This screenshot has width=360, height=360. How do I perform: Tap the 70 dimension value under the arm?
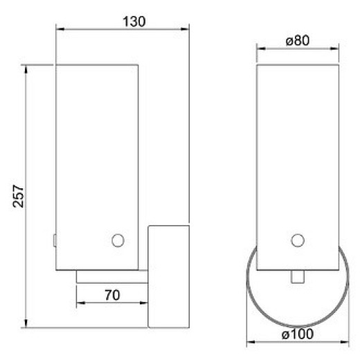(114, 294)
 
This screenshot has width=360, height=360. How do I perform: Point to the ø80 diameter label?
(298, 40)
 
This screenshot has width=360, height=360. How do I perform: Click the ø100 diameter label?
(298, 335)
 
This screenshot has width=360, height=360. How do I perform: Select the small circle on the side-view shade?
(117, 240)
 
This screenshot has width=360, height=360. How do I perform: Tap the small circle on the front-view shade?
(298, 240)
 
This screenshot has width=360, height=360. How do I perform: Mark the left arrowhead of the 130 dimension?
(59, 29)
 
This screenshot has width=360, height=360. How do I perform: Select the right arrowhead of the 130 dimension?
(186, 29)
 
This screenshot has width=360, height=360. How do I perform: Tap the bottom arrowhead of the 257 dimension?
(26, 323)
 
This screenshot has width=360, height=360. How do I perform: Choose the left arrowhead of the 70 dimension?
(80, 303)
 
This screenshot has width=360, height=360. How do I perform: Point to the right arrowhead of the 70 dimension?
(147, 303)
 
